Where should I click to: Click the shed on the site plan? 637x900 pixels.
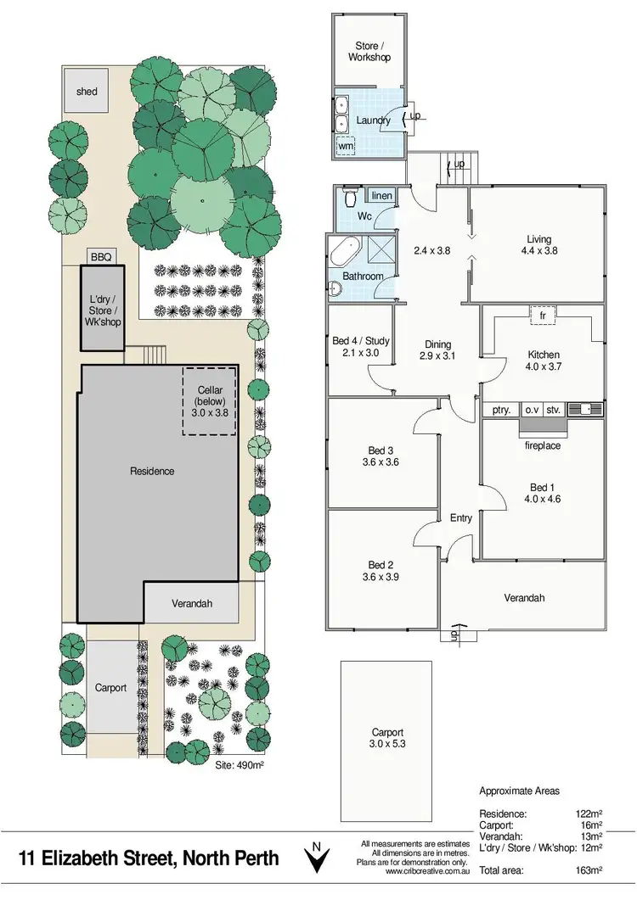86,91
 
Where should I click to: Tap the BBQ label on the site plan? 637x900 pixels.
100,255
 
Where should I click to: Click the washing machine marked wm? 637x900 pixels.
346,146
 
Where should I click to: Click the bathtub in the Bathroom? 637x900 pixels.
345,254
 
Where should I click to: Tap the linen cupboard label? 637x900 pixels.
382,196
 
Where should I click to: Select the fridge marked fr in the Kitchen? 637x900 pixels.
542,315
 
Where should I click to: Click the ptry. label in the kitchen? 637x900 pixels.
501,410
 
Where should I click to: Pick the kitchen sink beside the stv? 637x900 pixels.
585,410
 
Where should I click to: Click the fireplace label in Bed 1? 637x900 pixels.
543,445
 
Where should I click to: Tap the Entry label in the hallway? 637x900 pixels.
460,518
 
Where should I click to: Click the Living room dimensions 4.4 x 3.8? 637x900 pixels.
537,252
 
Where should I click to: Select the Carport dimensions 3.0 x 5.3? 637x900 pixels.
386,746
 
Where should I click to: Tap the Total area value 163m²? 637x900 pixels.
588,870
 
